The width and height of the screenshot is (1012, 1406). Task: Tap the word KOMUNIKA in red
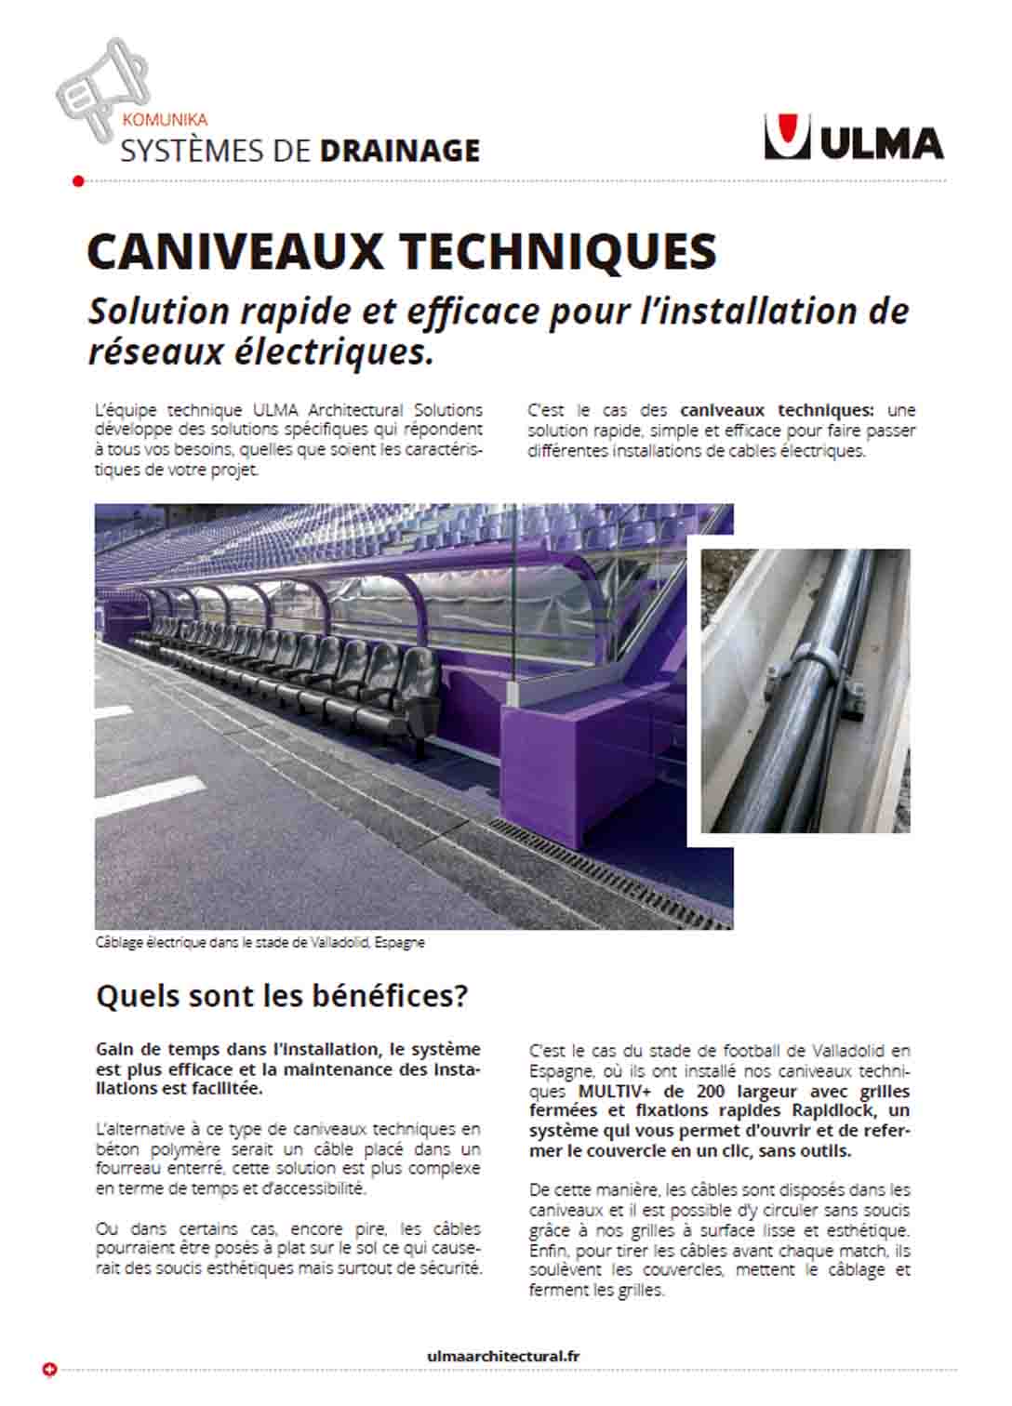pyautogui.click(x=164, y=120)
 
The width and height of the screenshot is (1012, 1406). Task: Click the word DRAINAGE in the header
pyautogui.click(x=399, y=151)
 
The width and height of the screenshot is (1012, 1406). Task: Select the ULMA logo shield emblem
pyautogui.click(x=787, y=137)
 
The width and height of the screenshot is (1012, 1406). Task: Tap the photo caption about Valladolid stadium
pyautogui.click(x=260, y=942)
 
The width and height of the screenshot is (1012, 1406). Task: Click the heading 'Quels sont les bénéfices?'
pyautogui.click(x=281, y=997)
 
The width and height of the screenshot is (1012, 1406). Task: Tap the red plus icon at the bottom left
pyautogui.click(x=50, y=1370)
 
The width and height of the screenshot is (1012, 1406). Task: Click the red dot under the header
pyautogui.click(x=78, y=180)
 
